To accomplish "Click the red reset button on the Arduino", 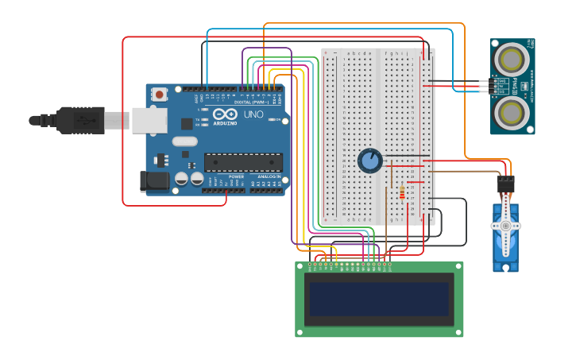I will pos(160,95).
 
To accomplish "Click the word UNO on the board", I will pos(253,114).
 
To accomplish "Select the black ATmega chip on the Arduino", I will pos(243,162).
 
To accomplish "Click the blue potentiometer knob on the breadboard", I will pos(369,161).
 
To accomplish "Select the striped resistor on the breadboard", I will pos(402,193).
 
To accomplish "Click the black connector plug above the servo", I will pos(505,184).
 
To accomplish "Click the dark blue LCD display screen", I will pos(379,299).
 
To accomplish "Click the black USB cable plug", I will pos(79,120).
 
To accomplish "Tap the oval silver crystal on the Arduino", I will pos(184,141).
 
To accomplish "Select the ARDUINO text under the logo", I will pos(225,123).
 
